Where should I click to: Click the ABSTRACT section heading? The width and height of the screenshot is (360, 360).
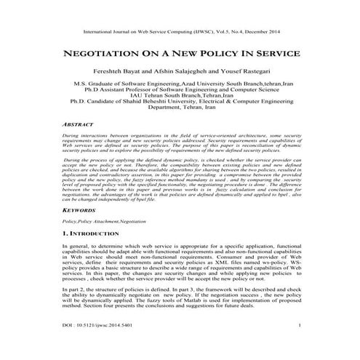click(77, 125)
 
